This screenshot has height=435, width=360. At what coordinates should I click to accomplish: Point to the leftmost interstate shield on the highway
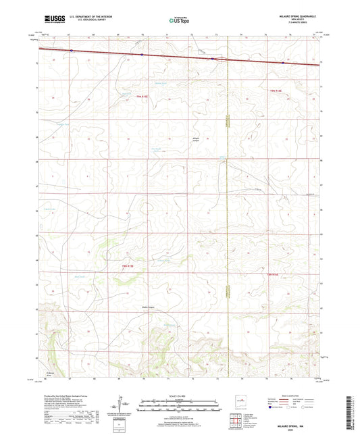tap(72, 51)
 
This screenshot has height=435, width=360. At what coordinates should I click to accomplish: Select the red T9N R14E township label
tap(274, 90)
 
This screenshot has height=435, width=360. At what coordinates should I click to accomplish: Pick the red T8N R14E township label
tap(273, 274)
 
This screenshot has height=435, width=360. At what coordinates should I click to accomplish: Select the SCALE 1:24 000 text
tap(180, 395)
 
